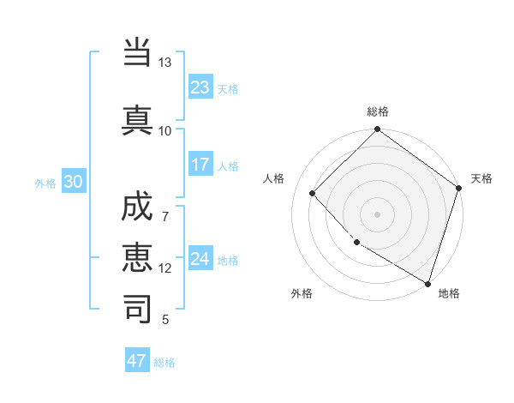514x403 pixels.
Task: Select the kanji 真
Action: [138, 120]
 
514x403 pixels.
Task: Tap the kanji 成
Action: [138, 212]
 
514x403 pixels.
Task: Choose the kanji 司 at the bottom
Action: [138, 309]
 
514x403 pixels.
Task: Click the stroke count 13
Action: [164, 63]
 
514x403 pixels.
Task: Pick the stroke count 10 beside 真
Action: [164, 130]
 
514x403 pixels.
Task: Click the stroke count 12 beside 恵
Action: [164, 268]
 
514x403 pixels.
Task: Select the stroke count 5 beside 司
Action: [164, 320]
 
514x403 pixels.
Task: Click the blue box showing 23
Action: [200, 87]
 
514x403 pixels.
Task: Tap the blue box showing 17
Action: [200, 165]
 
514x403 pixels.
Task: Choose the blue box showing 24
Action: [200, 259]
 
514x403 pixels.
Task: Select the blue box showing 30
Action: [73, 182]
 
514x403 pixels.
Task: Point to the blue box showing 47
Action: [137, 361]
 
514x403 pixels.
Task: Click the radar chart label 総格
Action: [377, 111]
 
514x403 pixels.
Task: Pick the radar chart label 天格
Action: [482, 178]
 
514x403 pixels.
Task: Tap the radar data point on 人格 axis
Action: [313, 193]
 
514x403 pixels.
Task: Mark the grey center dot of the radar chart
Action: [377, 214]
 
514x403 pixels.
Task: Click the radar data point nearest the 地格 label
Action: [427, 282]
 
